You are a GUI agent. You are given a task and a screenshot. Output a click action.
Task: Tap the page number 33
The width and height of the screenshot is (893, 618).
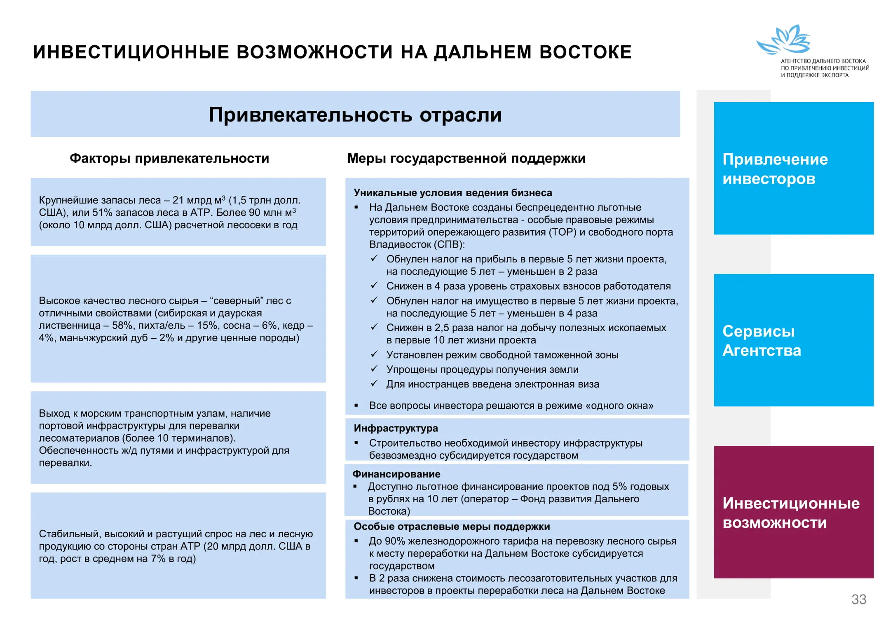(859, 599)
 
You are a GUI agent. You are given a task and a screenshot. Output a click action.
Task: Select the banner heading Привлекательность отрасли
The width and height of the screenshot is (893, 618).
(355, 115)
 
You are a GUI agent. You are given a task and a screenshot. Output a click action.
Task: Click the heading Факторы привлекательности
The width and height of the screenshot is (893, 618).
(169, 158)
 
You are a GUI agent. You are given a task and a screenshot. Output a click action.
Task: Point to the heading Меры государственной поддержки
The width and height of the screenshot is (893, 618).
(466, 158)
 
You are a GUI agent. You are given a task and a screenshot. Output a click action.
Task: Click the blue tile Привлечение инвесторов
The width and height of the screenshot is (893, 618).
(793, 169)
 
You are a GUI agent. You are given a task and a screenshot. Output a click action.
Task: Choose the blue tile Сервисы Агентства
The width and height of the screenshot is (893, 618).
(793, 340)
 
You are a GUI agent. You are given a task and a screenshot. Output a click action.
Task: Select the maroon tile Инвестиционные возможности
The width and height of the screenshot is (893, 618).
(793, 512)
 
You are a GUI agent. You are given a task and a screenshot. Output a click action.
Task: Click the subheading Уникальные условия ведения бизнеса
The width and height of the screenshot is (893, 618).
(452, 193)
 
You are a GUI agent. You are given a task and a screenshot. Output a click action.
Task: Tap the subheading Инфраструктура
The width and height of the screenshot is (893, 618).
(396, 428)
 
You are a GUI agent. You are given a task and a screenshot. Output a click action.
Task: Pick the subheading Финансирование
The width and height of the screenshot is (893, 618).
(396, 474)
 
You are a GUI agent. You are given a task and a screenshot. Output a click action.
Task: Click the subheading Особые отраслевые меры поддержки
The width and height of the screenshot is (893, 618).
(452, 527)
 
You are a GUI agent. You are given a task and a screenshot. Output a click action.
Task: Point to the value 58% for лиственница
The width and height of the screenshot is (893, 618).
(122, 325)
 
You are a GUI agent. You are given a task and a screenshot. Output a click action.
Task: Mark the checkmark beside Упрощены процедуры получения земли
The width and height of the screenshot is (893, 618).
(374, 369)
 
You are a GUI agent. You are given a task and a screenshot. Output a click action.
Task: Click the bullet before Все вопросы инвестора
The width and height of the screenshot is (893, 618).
(356, 406)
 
